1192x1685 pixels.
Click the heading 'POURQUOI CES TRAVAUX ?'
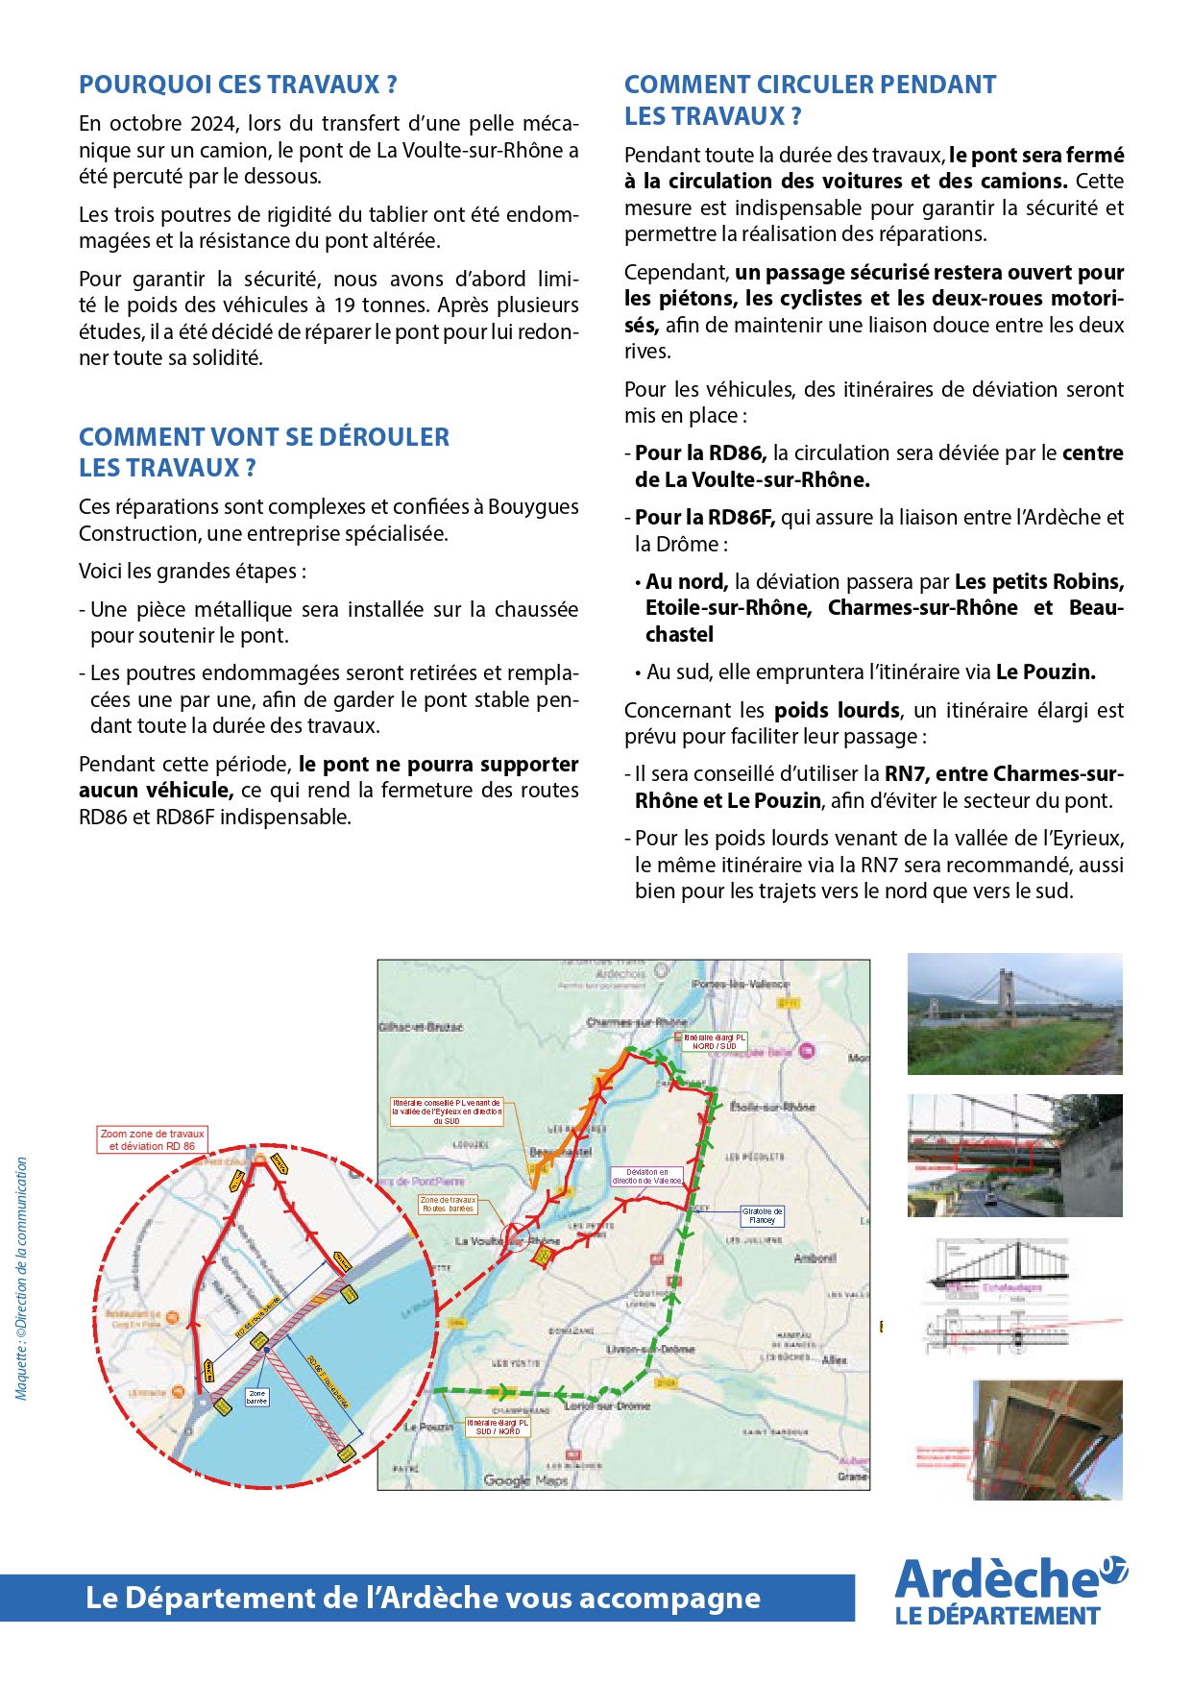pyautogui.click(x=237, y=85)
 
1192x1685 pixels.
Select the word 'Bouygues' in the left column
pyautogui.click(x=533, y=507)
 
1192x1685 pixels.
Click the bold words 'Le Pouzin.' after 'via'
pyautogui.click(x=1045, y=672)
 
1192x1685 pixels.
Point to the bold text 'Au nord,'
pyautogui.click(x=686, y=582)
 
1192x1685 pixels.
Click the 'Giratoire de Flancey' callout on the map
pyautogui.click(x=762, y=1216)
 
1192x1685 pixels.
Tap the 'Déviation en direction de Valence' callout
pyautogui.click(x=646, y=1176)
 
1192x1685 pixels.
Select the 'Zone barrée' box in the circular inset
pyautogui.click(x=256, y=1397)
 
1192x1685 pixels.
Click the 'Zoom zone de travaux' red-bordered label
pyautogui.click(x=153, y=1139)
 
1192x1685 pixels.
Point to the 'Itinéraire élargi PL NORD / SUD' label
pyautogui.click(x=713, y=1041)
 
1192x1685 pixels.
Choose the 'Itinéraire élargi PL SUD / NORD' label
pyautogui.click(x=497, y=1427)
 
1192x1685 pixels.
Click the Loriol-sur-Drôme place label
pyautogui.click(x=607, y=1405)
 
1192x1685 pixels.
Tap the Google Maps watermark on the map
pyautogui.click(x=524, y=1480)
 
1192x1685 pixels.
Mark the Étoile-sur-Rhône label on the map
pyautogui.click(x=772, y=1107)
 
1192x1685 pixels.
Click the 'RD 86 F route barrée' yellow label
pyautogui.click(x=327, y=1380)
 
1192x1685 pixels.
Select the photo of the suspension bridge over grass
pyautogui.click(x=1014, y=1013)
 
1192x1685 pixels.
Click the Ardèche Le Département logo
pyautogui.click(x=1009, y=1592)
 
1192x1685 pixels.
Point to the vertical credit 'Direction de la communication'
pyautogui.click(x=22, y=1278)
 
